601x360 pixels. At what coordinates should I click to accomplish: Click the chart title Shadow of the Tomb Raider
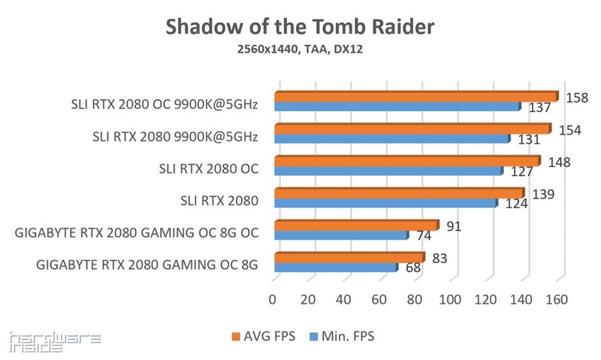point(300,27)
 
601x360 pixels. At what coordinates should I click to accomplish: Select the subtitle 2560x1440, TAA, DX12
point(300,50)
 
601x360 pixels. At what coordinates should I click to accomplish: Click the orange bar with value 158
point(415,96)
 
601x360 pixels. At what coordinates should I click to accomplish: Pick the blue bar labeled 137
point(397,107)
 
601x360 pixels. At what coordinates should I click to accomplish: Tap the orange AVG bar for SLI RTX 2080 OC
point(406,161)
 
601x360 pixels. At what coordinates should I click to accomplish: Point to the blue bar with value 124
point(385,203)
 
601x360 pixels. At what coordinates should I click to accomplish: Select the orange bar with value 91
point(355,225)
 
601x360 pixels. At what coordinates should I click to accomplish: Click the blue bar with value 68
point(335,268)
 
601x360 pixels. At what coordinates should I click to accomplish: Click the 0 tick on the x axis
point(273,299)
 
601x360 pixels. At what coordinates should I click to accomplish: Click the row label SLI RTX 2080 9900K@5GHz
point(175,136)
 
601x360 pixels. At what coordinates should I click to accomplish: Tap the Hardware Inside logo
point(55,343)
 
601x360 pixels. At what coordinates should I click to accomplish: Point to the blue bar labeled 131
point(391,139)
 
